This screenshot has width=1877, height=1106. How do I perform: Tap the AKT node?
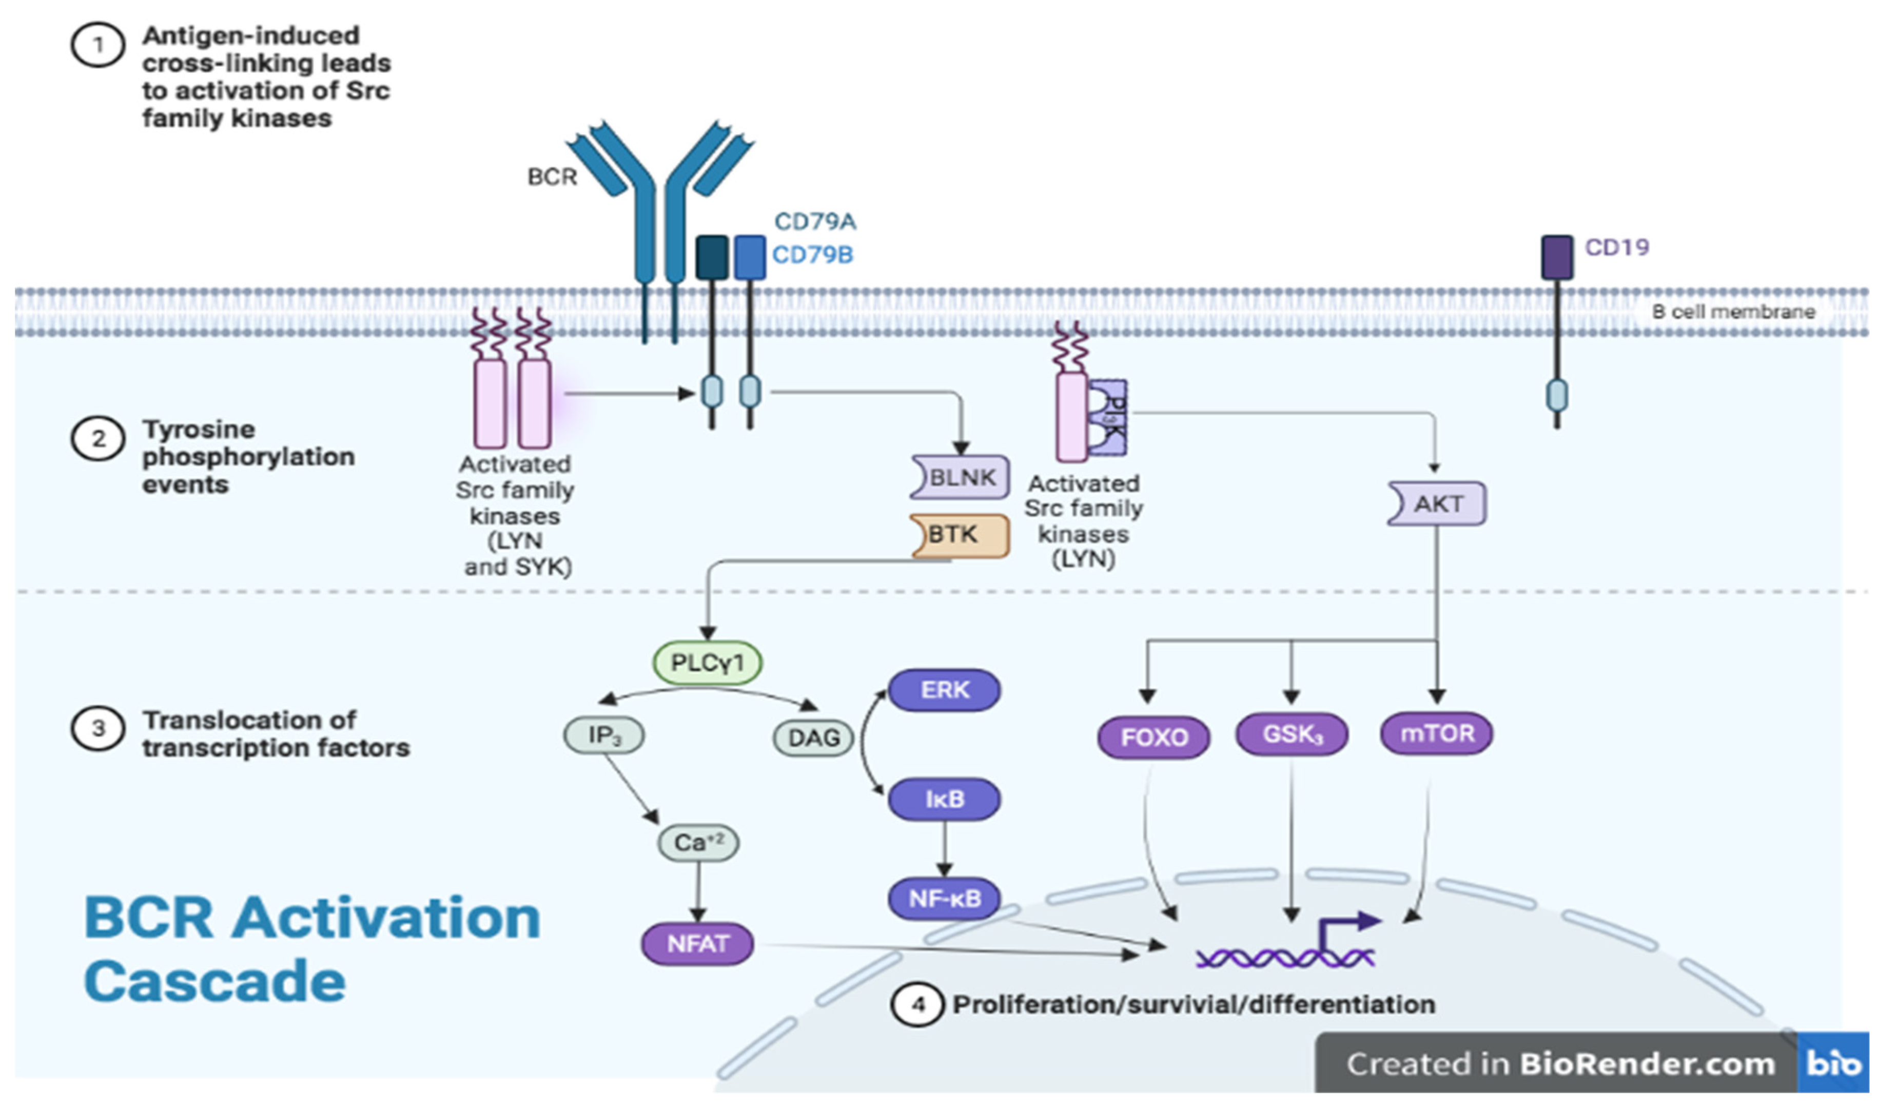point(1437,504)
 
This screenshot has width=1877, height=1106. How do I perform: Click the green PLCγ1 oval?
point(707,663)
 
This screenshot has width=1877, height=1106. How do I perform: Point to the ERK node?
point(944,690)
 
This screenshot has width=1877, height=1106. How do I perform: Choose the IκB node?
point(944,799)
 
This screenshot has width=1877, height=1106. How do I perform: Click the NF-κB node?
point(944,899)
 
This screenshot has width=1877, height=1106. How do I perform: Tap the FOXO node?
point(1154,737)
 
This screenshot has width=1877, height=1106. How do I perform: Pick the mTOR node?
point(1437,733)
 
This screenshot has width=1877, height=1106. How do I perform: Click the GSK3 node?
point(1292,734)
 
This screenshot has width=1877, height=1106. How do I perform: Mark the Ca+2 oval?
point(698,843)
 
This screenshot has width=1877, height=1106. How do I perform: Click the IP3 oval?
point(603,735)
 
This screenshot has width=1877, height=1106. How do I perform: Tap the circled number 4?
point(918,1005)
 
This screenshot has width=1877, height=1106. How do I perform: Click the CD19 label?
point(1617,247)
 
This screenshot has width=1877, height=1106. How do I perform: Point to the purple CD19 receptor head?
point(1557,258)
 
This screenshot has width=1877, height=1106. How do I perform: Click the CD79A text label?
point(815,221)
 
